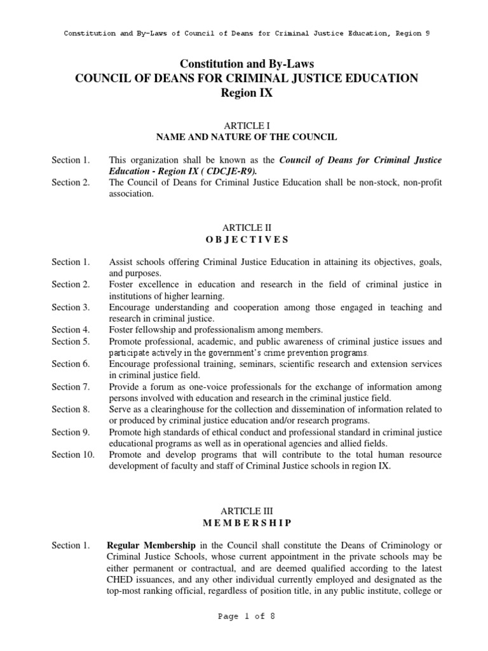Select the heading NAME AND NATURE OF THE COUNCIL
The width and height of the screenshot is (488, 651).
click(247, 137)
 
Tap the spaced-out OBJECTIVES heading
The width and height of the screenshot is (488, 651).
click(247, 240)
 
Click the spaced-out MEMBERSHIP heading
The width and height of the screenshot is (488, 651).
click(247, 523)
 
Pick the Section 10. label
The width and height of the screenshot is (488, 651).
click(72, 455)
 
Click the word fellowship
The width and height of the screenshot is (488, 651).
click(156, 329)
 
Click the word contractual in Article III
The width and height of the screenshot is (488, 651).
click(222, 568)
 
